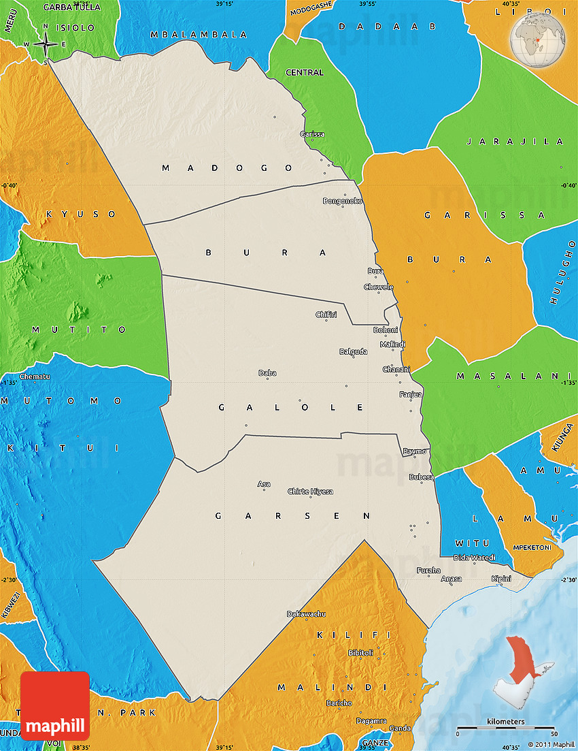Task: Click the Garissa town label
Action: [x=312, y=134]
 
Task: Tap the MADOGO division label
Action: [x=227, y=167]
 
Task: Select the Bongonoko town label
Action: [x=343, y=201]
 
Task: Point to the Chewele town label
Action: [x=379, y=287]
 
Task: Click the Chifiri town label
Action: [x=326, y=315]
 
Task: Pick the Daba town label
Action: [x=267, y=373]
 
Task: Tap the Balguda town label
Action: [x=354, y=352]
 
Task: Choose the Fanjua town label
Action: [x=411, y=394]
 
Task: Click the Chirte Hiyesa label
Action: [x=310, y=491]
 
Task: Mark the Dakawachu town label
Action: [x=306, y=614]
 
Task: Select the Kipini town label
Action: [x=501, y=579]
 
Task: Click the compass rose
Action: [x=45, y=45]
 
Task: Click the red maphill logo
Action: [x=55, y=706]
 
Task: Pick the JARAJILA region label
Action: [x=515, y=142]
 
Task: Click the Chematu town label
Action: [x=35, y=377]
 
